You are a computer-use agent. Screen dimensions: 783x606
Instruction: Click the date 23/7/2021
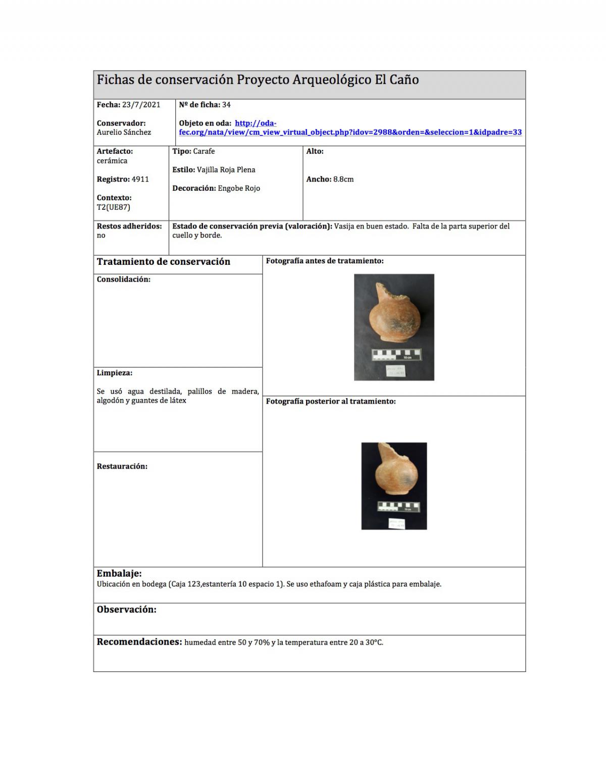(x=141, y=105)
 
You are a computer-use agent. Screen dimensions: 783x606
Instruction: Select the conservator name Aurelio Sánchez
(x=124, y=132)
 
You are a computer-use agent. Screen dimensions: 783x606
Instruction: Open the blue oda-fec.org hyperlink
(x=350, y=132)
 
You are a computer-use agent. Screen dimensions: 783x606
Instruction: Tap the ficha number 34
(x=226, y=105)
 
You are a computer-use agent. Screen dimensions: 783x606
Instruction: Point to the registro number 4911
(x=140, y=179)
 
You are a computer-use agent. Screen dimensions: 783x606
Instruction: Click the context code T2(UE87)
(x=114, y=207)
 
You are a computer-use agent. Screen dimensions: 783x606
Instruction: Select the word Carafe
(x=204, y=151)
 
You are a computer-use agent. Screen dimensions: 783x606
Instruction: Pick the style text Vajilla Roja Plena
(x=226, y=170)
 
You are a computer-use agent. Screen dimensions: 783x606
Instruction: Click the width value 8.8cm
(x=343, y=179)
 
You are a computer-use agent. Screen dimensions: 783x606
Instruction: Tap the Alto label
(x=315, y=151)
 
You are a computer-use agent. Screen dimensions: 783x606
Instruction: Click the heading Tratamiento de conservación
(x=163, y=262)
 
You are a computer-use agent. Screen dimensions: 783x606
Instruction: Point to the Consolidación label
(x=123, y=279)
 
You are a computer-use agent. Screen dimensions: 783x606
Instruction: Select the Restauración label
(x=122, y=467)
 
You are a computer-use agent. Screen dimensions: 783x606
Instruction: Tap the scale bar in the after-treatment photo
(x=398, y=507)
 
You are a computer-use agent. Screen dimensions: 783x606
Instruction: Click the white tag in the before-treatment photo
(x=395, y=371)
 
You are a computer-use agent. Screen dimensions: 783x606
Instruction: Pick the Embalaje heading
(x=119, y=574)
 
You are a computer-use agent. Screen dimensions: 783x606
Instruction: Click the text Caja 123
(x=185, y=584)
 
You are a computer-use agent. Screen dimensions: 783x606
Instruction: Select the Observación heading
(x=126, y=609)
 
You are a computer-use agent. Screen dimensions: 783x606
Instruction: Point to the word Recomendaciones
(x=139, y=642)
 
